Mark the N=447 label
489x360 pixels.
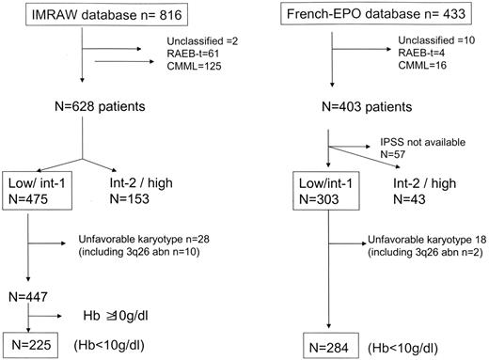coord(31,294)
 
